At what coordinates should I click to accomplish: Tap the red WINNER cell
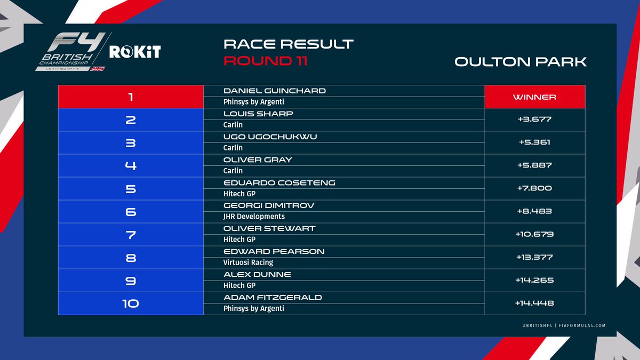(534, 97)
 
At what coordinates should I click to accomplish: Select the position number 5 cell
(130, 189)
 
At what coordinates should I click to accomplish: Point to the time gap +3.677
(534, 119)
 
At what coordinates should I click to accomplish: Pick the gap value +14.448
(534, 303)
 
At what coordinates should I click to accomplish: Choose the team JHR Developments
(254, 217)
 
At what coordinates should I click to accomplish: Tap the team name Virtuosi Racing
(248, 262)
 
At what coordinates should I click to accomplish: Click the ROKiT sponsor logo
(135, 52)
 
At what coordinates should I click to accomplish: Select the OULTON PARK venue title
(520, 61)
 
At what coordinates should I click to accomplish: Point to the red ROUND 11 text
(265, 61)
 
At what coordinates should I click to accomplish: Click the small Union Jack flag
(98, 69)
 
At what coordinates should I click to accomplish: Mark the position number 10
(130, 303)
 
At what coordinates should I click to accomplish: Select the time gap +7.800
(534, 188)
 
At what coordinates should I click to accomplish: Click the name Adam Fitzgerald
(273, 297)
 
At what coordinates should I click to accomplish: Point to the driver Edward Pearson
(274, 251)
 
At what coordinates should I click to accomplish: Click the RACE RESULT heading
(289, 43)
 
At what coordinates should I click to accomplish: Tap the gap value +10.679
(534, 234)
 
